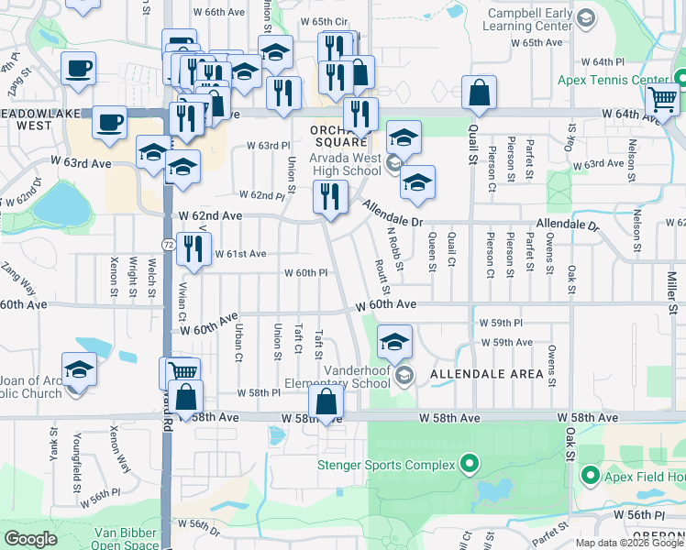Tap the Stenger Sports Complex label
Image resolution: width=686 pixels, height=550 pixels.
[x=385, y=465]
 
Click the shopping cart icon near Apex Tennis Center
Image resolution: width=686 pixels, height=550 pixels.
[x=662, y=99]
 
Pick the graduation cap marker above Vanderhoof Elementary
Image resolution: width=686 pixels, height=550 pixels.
[x=394, y=342]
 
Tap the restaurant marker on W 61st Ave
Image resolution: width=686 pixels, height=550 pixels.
[x=193, y=248]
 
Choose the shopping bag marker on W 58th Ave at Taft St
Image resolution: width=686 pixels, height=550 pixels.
[x=326, y=401]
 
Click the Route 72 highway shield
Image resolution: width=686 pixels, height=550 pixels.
[x=168, y=245]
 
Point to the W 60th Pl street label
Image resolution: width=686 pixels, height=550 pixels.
[x=305, y=273]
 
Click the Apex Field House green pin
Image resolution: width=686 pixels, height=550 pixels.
[x=589, y=476]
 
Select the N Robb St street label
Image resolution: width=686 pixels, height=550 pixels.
[x=394, y=247]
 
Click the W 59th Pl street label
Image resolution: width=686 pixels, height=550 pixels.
[x=500, y=324]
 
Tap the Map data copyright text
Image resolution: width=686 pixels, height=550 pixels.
[x=629, y=543]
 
